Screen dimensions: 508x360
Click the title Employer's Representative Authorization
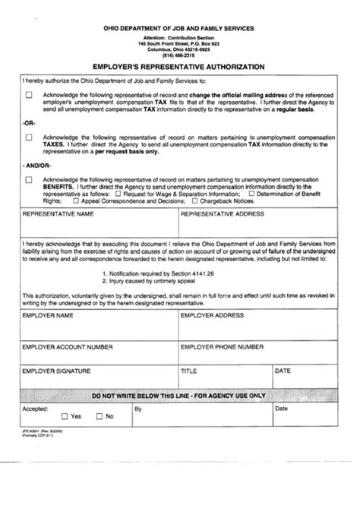[x=179, y=67]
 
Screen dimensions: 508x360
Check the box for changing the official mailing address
[x=29, y=95]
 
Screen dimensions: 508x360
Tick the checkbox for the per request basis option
[x=29, y=137]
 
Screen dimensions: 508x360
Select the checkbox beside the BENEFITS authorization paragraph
[x=29, y=180]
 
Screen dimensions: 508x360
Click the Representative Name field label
[x=58, y=215]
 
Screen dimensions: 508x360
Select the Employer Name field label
[x=48, y=314]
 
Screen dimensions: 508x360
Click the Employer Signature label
[x=57, y=371]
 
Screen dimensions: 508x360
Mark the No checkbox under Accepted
[x=99, y=416]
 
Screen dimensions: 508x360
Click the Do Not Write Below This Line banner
[x=179, y=396]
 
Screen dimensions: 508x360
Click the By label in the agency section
[x=137, y=409]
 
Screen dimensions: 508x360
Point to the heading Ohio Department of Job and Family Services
[x=179, y=28]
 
